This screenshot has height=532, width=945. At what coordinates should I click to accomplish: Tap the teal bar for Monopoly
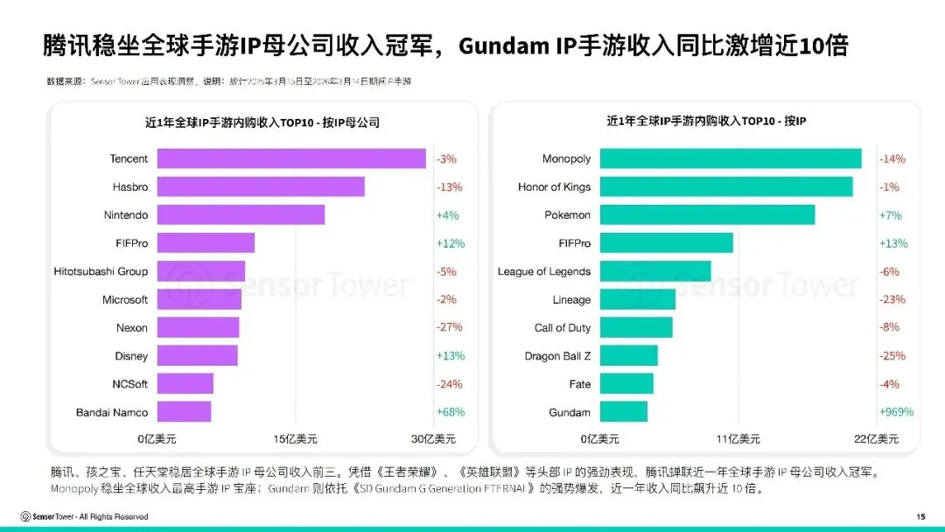point(731,158)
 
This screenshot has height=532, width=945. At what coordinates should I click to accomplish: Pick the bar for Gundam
point(624,412)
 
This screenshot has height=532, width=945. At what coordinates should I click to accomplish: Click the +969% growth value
point(896,412)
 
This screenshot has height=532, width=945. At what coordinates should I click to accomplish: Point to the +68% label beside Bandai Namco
point(451,412)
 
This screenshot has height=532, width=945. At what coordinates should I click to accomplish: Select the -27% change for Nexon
point(450,327)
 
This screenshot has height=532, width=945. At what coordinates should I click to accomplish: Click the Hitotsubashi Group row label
point(101,271)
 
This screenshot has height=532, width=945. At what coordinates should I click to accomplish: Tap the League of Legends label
point(544,271)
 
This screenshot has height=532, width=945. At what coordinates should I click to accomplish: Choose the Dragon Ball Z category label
point(557,356)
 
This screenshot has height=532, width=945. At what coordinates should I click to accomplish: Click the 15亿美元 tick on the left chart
point(295,438)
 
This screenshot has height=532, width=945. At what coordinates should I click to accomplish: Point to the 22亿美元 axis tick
point(876,438)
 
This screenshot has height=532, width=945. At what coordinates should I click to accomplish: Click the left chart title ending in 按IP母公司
point(262,122)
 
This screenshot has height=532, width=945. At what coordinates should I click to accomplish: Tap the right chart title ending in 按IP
point(706,122)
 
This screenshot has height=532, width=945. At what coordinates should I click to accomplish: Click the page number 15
point(920,516)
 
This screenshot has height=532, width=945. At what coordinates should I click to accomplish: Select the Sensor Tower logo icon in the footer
point(25,516)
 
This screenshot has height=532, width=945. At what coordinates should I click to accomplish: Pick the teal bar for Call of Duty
point(636,327)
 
